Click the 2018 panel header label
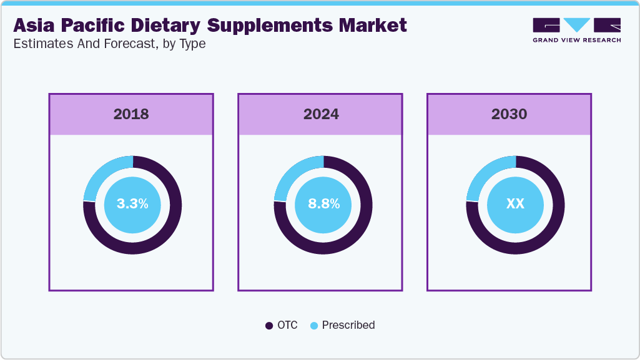[x=131, y=114]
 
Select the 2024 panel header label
[x=321, y=114]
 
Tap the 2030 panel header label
[x=509, y=114]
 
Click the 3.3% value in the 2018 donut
[x=132, y=204]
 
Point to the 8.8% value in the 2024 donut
[x=323, y=204]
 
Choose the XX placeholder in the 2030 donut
[x=515, y=204]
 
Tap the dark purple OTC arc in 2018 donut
[x=165, y=231]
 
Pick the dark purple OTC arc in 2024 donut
[x=357, y=231]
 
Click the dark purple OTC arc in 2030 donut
[x=548, y=231]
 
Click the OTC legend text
[x=288, y=325]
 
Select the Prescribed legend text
[x=348, y=325]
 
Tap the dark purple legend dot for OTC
[x=269, y=326]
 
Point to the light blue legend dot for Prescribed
[x=314, y=326]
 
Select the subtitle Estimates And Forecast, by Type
[x=109, y=44]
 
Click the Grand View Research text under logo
[x=576, y=40]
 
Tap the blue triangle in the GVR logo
[x=576, y=24]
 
